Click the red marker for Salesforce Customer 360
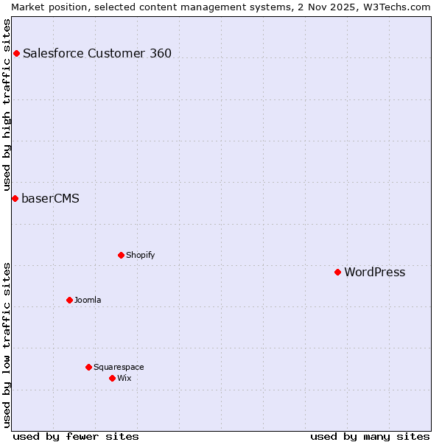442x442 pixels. tap(16, 53)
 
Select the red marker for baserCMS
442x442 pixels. tap(15, 198)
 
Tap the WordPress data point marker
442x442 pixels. tap(337, 272)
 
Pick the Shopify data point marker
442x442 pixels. tap(121, 255)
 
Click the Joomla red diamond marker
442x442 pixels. tap(69, 300)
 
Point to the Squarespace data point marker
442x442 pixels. tap(88, 367)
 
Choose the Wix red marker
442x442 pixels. tap(112, 378)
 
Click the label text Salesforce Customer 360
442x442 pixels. tap(97, 53)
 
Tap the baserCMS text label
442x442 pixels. tap(50, 198)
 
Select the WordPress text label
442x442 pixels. tap(374, 272)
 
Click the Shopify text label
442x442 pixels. tap(140, 255)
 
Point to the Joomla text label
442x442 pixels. tap(88, 300)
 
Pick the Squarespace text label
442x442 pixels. tap(119, 367)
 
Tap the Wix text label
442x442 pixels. tap(124, 378)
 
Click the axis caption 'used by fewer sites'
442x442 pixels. tap(76, 436)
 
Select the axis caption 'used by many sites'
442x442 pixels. tap(370, 436)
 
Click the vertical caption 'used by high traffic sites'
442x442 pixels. tap(7, 105)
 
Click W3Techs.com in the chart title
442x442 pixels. tap(401, 7)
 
